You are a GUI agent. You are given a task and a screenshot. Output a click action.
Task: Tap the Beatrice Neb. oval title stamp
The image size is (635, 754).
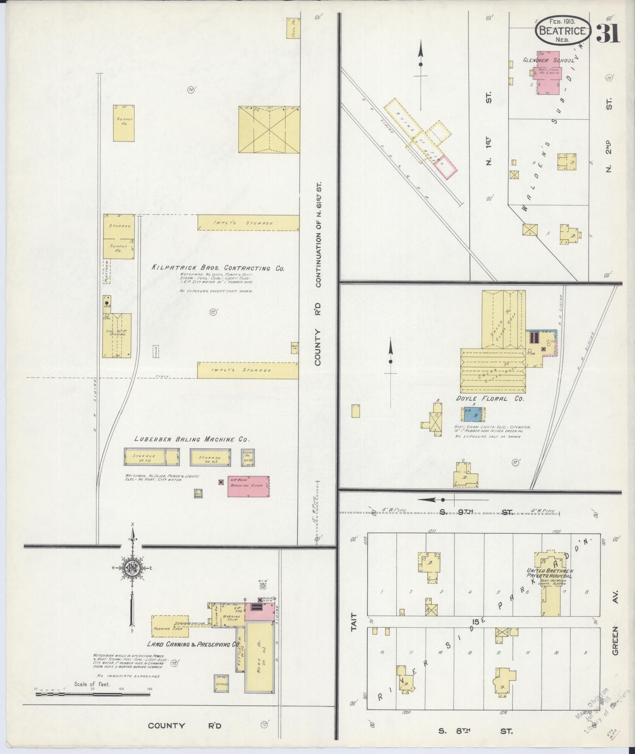pos(562,31)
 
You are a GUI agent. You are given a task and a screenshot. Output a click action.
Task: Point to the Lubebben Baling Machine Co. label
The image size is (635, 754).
pos(192,439)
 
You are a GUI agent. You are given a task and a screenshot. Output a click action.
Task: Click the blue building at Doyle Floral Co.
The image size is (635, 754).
pos(473,414)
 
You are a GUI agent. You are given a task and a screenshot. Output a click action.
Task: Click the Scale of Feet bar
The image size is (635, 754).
pos(92,695)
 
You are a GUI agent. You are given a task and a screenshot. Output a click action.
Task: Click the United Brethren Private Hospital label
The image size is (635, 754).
pos(549,573)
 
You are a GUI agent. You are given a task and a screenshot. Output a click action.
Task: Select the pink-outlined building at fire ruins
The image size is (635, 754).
pos(446,167)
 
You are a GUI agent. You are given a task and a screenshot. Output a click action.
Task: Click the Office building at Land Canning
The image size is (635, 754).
pos(221,684)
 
